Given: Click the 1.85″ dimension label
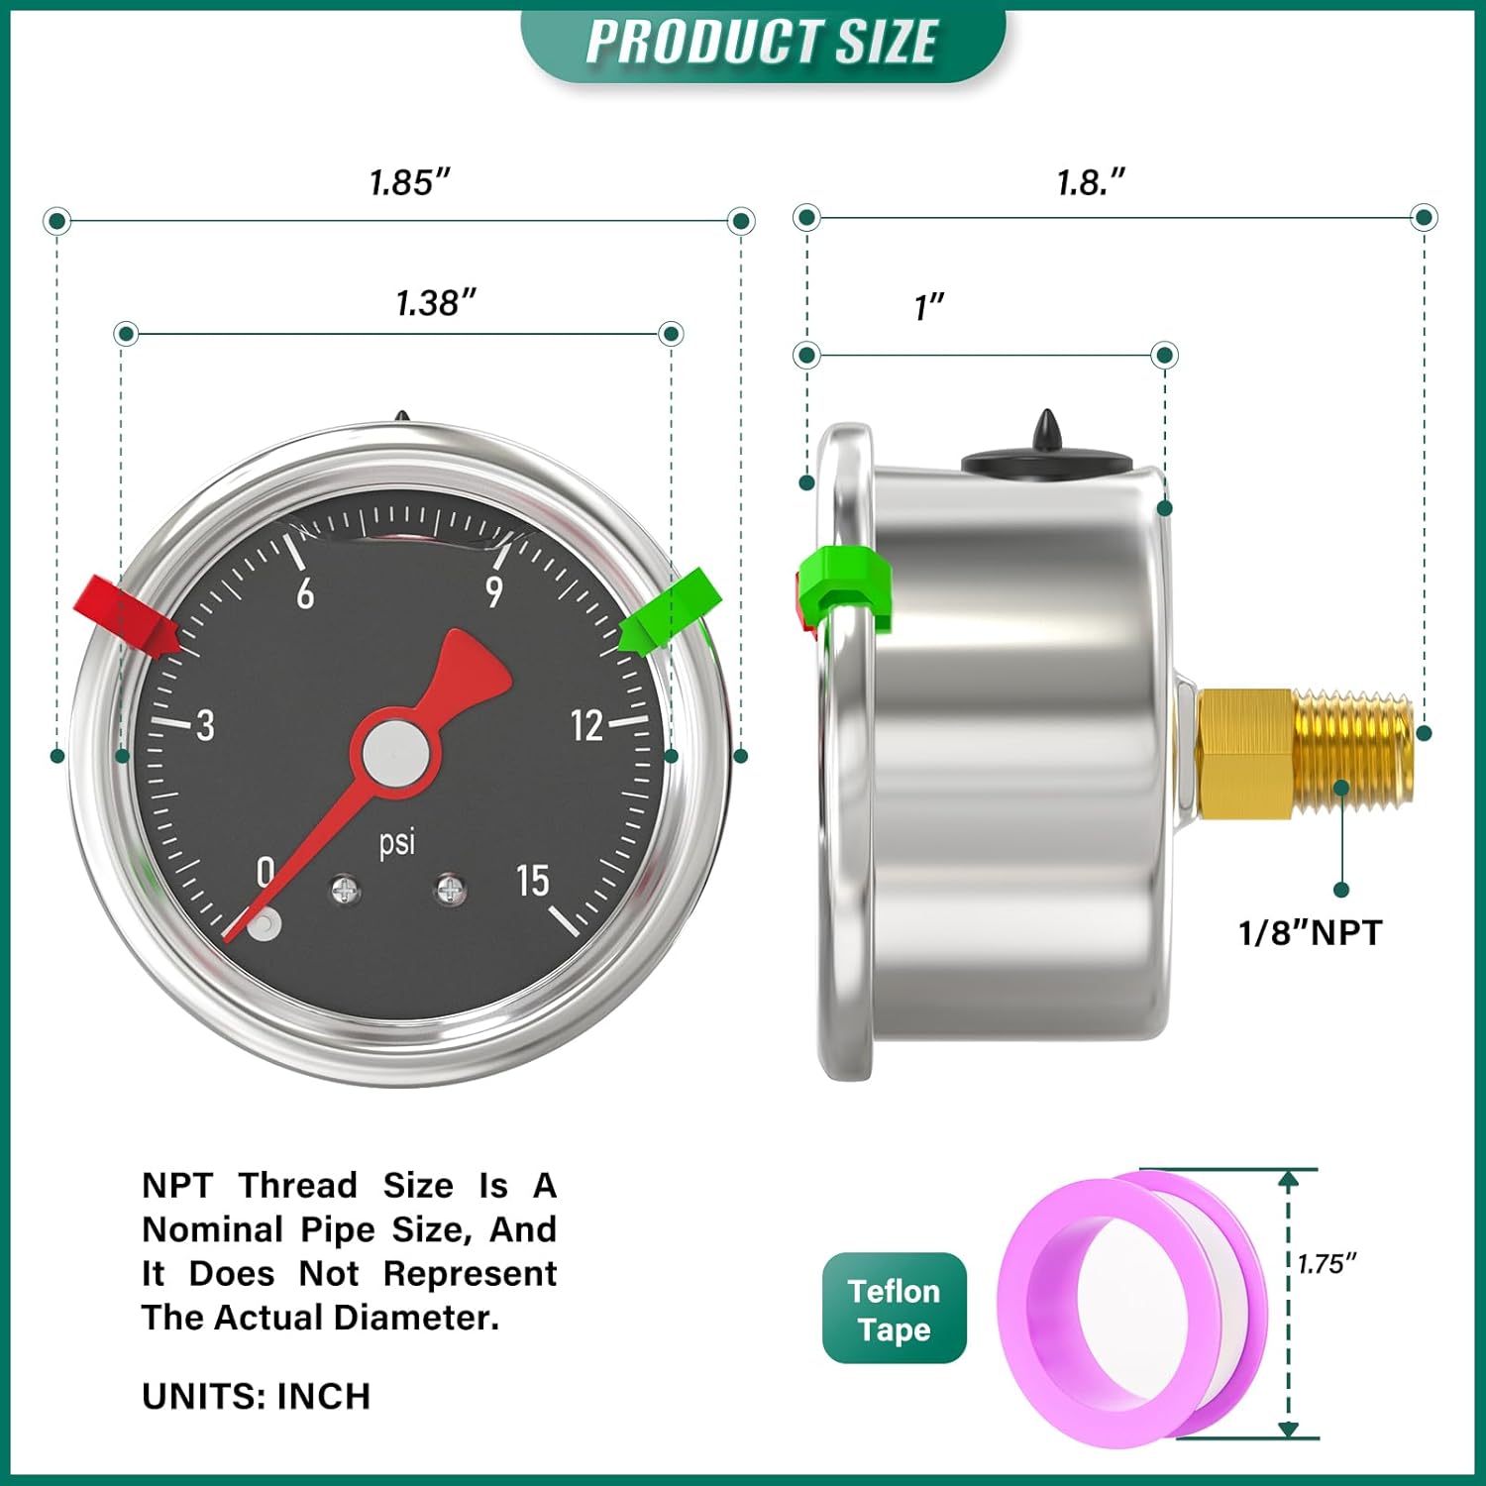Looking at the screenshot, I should tap(409, 182).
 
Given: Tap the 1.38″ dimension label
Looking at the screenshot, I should tap(436, 302).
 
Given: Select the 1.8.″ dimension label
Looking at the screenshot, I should tap(1090, 182).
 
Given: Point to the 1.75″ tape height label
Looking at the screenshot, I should tap(1327, 1263).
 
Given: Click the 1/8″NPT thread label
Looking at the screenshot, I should tap(1309, 932).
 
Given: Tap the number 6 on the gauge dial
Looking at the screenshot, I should tap(305, 593).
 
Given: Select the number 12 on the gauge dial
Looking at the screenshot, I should tap(586, 726).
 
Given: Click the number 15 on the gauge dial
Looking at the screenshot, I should tap(532, 880).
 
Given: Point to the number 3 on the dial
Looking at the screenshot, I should tap(205, 726).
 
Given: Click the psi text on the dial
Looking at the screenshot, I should tap(397, 842).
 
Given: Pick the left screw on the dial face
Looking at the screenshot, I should tap(345, 890).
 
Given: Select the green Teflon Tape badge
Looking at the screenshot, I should tap(894, 1309).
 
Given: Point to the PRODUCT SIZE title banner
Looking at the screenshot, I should tap(762, 43).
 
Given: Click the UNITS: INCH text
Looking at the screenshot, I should tap(256, 1396).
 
